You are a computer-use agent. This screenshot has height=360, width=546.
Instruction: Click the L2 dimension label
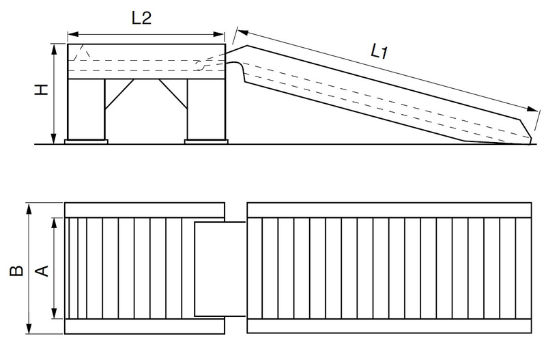[x=141, y=18]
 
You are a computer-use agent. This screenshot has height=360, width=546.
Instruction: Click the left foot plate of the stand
[x=86, y=141]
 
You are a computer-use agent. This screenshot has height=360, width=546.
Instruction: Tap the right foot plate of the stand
[x=205, y=141]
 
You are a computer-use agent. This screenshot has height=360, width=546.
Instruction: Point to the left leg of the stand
[x=85, y=109]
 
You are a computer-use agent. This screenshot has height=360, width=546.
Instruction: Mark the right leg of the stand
[x=205, y=109]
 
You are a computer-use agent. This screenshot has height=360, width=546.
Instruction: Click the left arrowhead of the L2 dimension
[x=71, y=31]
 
